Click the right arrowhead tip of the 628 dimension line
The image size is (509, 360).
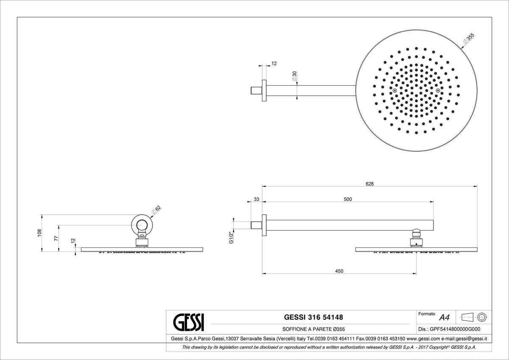pyautogui.click(x=477, y=187)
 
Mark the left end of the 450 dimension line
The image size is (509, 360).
pyautogui.click(x=262, y=273)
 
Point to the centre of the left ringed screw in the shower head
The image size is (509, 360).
pyautogui.click(x=395, y=90)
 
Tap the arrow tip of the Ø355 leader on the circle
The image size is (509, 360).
pyautogui.click(x=461, y=48)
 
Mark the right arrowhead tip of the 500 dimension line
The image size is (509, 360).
pyautogui.click(x=433, y=202)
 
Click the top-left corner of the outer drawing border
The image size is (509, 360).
pyautogui.click(x=17, y=17)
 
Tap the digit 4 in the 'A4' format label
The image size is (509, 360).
pyautogui.click(x=447, y=317)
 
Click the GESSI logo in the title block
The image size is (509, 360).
pyautogui.click(x=189, y=323)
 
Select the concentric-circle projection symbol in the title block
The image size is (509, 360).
pyautogui.click(x=482, y=317)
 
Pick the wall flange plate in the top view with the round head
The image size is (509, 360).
pyautogui.click(x=264, y=90)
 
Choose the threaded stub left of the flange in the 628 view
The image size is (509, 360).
pyautogui.click(x=257, y=225)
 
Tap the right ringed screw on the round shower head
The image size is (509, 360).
pyautogui.click(x=438, y=90)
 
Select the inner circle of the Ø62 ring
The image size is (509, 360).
pyautogui.click(x=142, y=225)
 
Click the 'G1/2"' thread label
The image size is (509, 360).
pyautogui.click(x=231, y=238)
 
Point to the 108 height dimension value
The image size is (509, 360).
pyautogui.click(x=39, y=233)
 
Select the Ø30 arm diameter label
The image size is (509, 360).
pyautogui.click(x=294, y=76)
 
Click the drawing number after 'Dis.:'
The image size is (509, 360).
pyautogui.click(x=455, y=329)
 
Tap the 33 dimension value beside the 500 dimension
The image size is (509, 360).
pyautogui.click(x=256, y=199)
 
